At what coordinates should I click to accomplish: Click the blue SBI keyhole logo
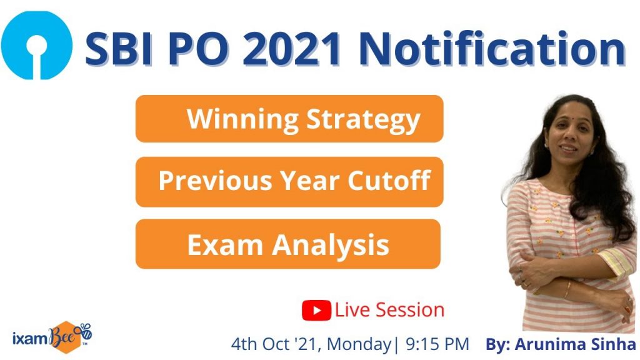click(x=37, y=45)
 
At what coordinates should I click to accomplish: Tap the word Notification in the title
click(x=492, y=49)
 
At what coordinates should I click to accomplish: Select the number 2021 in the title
click(x=292, y=49)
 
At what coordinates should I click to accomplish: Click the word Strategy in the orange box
click(x=363, y=120)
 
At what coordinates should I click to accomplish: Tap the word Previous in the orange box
click(x=215, y=181)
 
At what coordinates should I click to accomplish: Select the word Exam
click(x=225, y=244)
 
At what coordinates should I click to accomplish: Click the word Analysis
click(x=331, y=245)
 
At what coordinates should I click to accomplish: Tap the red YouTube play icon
click(x=316, y=310)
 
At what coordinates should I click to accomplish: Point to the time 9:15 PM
click(x=437, y=344)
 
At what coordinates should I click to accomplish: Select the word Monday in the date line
click(x=359, y=345)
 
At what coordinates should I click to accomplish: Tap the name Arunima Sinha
click(x=576, y=344)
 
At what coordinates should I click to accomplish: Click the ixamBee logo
click(x=52, y=337)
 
